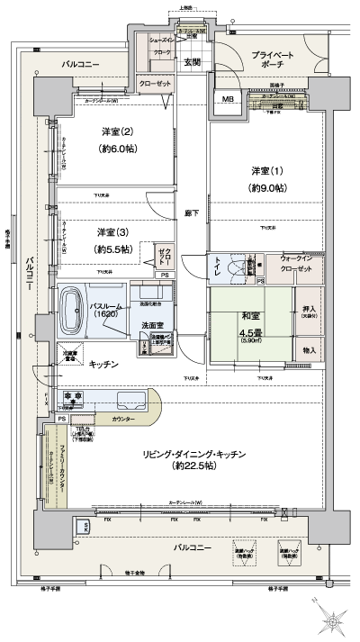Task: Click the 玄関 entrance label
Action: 192,62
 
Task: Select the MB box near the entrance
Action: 225,99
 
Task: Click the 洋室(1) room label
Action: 268,171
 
